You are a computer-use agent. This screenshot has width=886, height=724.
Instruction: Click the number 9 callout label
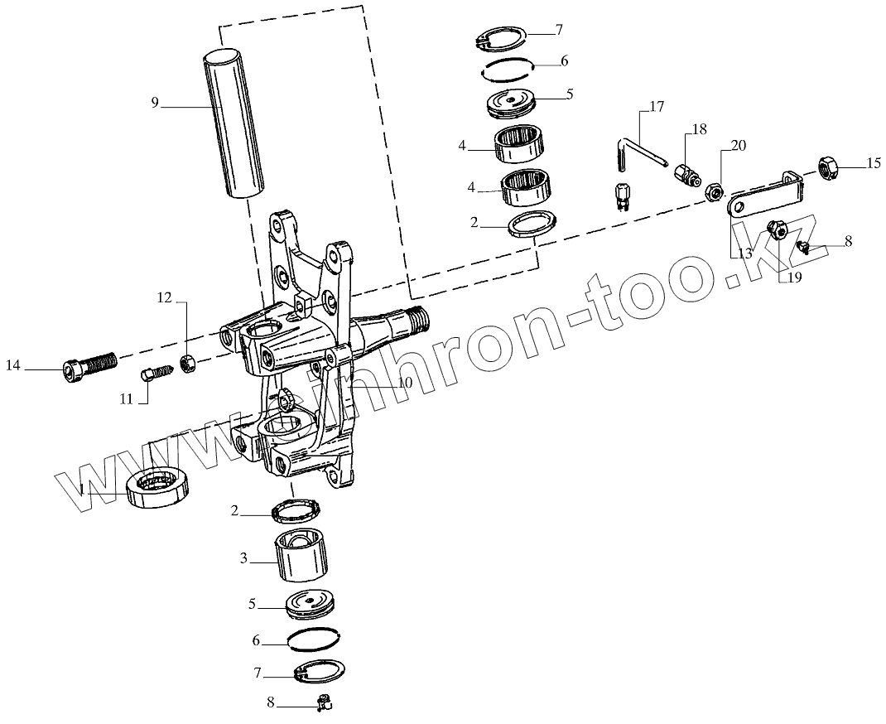[155, 103]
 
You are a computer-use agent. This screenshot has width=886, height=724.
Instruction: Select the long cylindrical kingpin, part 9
[234, 124]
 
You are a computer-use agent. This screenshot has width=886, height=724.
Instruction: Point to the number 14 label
[14, 365]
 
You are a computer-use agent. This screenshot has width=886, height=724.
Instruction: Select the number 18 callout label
[700, 128]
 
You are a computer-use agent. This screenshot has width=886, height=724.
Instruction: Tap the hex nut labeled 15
[829, 167]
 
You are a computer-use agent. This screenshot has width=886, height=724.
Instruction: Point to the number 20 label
[738, 145]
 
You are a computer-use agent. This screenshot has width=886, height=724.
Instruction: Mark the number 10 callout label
[404, 383]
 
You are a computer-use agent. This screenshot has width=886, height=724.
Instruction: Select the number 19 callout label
[792, 278]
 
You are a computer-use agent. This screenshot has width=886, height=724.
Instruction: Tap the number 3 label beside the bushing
[244, 559]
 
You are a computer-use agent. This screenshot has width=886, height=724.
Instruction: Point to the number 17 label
[657, 106]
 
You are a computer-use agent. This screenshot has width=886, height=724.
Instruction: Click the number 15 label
[873, 164]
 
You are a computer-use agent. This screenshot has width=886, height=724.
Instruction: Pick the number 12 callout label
[165, 298]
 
